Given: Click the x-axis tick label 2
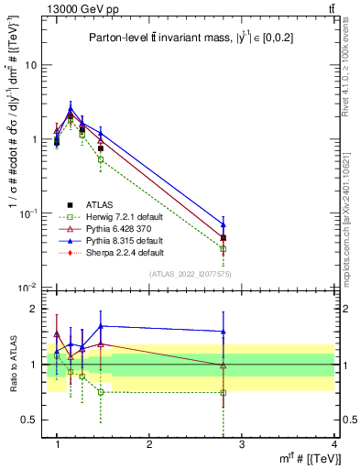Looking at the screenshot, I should pyautogui.click(x=149, y=442).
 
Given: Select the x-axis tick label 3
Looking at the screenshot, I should pyautogui.click(x=242, y=442).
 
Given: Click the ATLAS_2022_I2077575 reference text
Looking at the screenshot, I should pyautogui.click(x=192, y=274).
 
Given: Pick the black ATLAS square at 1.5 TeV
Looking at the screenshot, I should pyautogui.click(x=100, y=147).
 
